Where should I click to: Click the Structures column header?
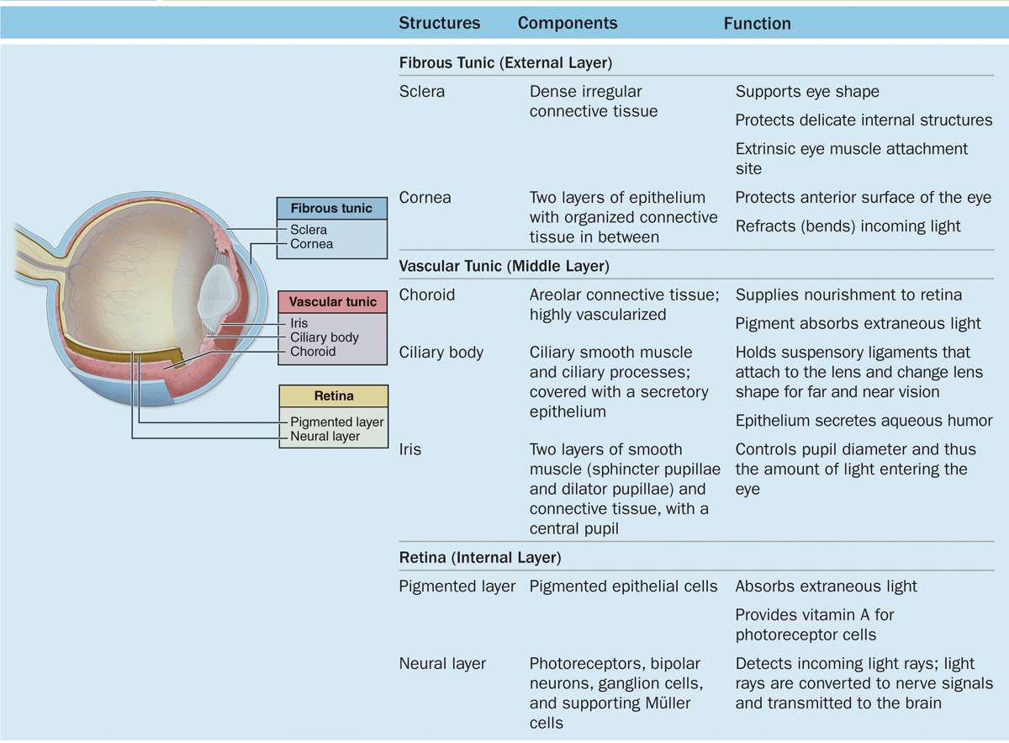tap(439, 24)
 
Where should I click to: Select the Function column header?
tap(757, 24)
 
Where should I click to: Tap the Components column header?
tap(568, 24)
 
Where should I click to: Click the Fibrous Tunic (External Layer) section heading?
tap(504, 63)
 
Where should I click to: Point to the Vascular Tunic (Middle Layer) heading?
tap(504, 267)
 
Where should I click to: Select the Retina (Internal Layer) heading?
tap(479, 557)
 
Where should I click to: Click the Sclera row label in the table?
tap(421, 92)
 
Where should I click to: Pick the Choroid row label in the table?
tap(426, 295)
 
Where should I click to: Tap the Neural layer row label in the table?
tap(442, 664)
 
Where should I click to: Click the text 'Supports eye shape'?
tap(807, 92)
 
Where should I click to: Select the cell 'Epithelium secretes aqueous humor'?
tap(864, 421)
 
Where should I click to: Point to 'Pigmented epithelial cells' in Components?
tap(623, 586)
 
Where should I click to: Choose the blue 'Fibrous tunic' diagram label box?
tap(331, 209)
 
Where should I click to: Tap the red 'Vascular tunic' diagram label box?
tap(333, 302)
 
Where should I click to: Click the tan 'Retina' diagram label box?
tap(333, 396)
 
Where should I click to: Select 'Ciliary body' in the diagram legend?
tap(325, 337)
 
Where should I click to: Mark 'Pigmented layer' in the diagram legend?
tap(336, 422)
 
